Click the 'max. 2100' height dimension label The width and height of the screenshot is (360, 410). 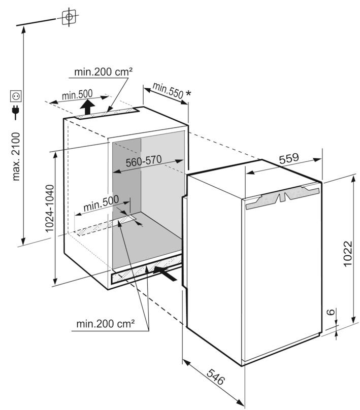(x=16, y=156)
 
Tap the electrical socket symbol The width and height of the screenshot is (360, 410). (x=16, y=95)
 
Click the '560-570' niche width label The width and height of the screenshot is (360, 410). (x=144, y=160)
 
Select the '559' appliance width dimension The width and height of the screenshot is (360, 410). (x=289, y=158)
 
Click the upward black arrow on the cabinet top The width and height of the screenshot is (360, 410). (x=88, y=107)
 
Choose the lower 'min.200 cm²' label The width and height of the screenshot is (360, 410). (x=106, y=323)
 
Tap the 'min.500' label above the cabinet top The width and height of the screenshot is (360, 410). (x=77, y=94)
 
